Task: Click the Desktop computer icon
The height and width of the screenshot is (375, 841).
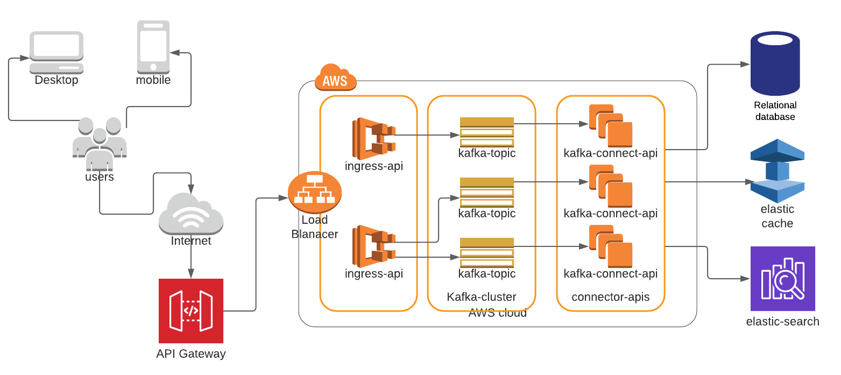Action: click(x=56, y=52)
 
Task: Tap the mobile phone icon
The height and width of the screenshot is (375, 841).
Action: click(x=153, y=46)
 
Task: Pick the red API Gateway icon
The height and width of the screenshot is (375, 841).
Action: click(x=191, y=310)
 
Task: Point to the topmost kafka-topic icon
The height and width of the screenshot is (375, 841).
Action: click(x=487, y=132)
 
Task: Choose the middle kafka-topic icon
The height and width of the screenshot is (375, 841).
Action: click(x=487, y=192)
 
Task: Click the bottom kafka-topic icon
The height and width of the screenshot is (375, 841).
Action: click(x=487, y=252)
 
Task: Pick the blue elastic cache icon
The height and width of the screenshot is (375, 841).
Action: click(x=778, y=171)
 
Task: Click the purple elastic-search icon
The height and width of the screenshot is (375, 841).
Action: click(x=783, y=279)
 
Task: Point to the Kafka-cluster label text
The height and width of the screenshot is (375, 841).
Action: click(x=482, y=297)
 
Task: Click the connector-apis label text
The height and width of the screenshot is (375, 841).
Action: click(x=611, y=297)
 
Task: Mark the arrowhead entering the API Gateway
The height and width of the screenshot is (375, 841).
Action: click(x=190, y=274)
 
